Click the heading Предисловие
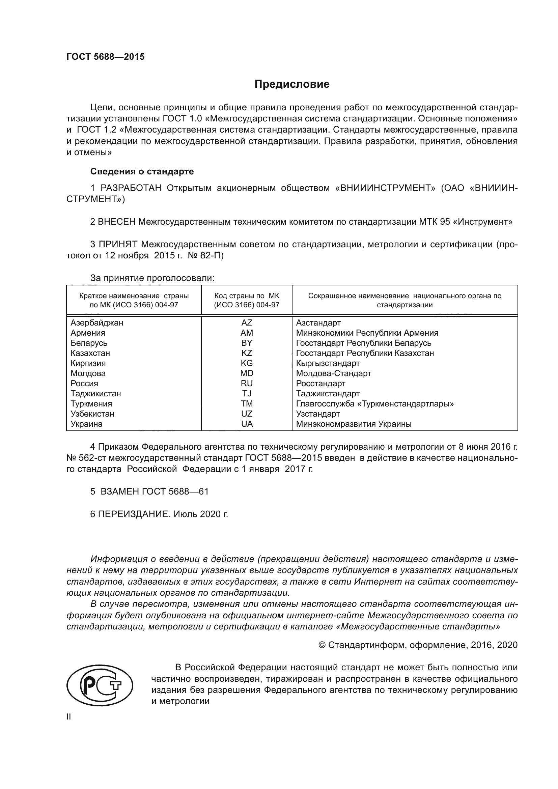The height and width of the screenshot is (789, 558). [292, 84]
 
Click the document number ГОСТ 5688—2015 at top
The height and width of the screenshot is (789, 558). [106, 57]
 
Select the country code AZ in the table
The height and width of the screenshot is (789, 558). [246, 323]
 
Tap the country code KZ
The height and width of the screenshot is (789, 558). [246, 353]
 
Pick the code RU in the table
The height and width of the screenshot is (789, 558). [246, 384]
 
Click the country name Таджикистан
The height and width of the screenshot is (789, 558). [95, 393]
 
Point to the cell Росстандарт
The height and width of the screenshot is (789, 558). [320, 384]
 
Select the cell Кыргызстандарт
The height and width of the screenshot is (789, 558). [328, 363]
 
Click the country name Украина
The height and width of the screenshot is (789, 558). [87, 424]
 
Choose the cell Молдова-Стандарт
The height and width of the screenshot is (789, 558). [333, 373]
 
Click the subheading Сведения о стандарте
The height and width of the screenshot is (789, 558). [142, 171]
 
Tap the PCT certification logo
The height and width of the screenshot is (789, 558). [100, 685]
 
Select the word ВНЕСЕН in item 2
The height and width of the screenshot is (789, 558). [117, 222]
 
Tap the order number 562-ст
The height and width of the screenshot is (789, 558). [89, 458]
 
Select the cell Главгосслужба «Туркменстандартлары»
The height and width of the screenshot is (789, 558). [374, 404]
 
